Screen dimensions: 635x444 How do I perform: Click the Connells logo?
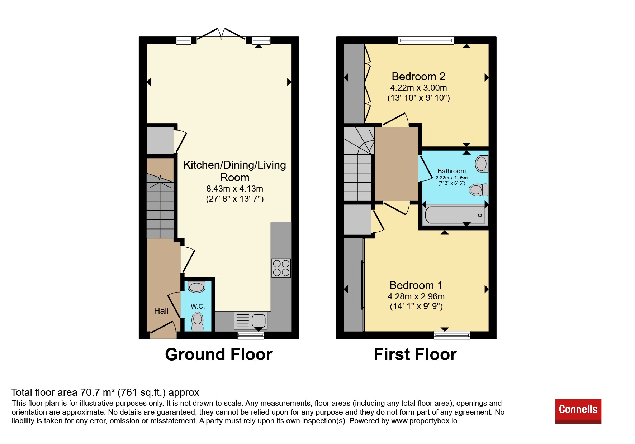point(578,411)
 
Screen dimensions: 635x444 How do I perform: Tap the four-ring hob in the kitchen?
point(281,268)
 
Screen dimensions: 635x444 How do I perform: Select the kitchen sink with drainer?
point(251,320)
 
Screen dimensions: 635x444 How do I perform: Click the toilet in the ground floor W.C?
point(197,322)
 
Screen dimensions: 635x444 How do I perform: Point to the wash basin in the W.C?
point(196,287)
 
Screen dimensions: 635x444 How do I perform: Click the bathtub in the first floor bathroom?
point(455,214)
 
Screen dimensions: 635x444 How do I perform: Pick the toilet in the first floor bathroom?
point(479,189)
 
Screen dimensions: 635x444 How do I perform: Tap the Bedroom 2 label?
point(418,76)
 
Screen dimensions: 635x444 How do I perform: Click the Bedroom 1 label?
point(416,285)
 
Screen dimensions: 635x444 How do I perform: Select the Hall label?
point(161,311)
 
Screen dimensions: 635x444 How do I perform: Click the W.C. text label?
point(198,307)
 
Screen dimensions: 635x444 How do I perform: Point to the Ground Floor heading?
point(219,354)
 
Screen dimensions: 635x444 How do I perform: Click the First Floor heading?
point(415,354)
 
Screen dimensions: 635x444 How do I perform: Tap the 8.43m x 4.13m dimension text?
point(235,189)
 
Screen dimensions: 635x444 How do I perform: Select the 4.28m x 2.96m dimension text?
point(416,296)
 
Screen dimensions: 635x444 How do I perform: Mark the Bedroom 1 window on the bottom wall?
point(452,335)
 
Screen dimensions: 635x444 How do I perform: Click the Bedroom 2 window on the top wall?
point(426,40)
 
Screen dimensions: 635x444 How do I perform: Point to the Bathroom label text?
point(452,171)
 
